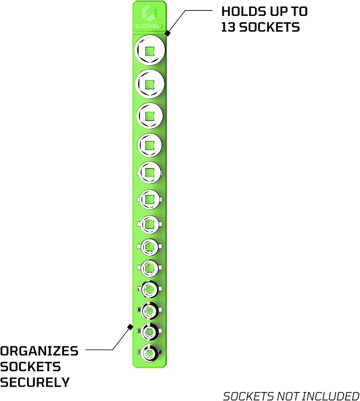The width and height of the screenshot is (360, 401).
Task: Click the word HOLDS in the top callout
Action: tap(240, 12)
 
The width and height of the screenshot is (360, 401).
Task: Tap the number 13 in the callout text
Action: tap(228, 27)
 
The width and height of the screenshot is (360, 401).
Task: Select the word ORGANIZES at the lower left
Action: tap(39, 351)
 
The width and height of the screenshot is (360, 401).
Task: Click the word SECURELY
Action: tap(35, 382)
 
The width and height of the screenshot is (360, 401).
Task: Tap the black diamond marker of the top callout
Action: tap(168, 33)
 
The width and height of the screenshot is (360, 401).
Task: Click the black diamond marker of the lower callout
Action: tap(130, 327)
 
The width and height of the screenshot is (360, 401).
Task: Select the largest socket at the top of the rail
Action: tap(150, 50)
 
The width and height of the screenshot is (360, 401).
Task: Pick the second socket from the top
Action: tap(150, 84)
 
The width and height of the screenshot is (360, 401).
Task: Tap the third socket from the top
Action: tap(150, 116)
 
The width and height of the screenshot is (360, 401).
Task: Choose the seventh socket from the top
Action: tap(150, 224)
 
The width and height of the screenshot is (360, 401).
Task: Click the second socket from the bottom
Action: tap(150, 332)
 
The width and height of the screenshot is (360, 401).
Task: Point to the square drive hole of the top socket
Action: tap(150, 51)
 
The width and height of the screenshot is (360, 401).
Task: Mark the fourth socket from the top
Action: tap(150, 145)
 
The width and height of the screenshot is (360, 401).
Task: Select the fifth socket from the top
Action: tap(150, 173)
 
